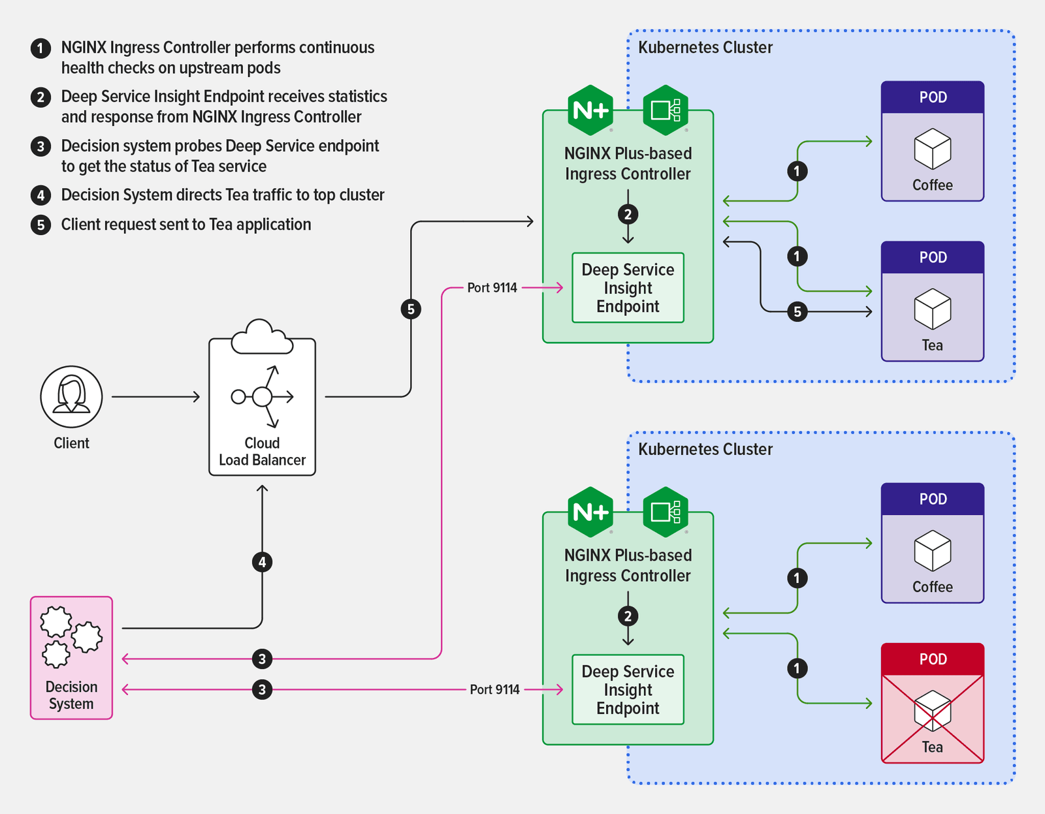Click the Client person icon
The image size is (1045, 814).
[71, 396]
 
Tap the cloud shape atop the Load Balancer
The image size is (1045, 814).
[261, 337]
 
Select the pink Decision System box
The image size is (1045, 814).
[71, 657]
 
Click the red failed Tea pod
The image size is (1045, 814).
[932, 703]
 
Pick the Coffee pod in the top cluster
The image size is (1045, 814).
[932, 142]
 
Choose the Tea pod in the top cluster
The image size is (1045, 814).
[932, 302]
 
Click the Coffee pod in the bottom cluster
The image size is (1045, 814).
[932, 543]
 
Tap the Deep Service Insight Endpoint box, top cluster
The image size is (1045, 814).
[628, 288]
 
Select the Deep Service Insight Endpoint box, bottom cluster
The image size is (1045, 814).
[628, 690]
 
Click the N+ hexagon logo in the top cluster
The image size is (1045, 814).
[590, 110]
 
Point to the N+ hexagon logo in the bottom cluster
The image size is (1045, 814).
[590, 512]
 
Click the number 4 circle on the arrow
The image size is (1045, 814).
[262, 562]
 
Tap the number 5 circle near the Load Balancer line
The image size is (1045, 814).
[411, 309]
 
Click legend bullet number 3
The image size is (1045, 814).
[40, 146]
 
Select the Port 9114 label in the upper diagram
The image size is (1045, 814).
[492, 288]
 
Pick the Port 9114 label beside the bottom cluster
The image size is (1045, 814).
[494, 690]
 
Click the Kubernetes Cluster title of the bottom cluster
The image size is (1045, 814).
[705, 449]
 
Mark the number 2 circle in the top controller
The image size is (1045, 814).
[628, 214]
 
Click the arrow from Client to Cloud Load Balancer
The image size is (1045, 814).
[155, 396]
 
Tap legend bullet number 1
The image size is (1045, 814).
[40, 48]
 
